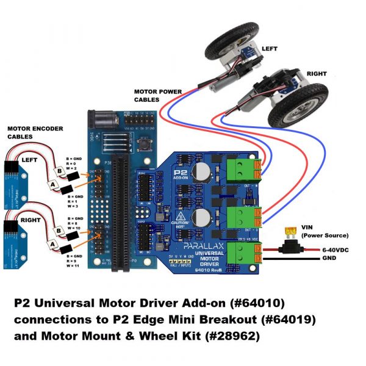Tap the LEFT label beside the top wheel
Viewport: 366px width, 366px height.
270,48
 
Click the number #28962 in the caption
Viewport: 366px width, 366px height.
236,335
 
